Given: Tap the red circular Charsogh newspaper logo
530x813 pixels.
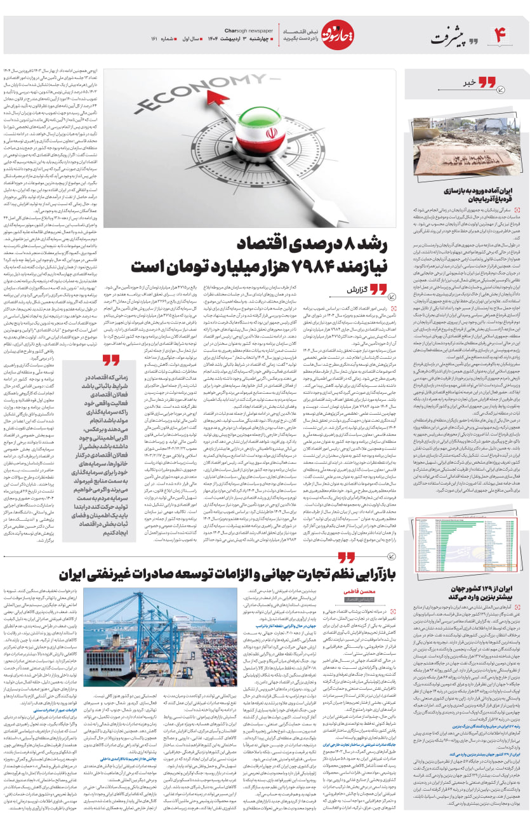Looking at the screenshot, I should [x=335, y=35].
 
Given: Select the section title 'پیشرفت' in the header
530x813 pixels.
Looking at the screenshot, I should [x=449, y=38].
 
